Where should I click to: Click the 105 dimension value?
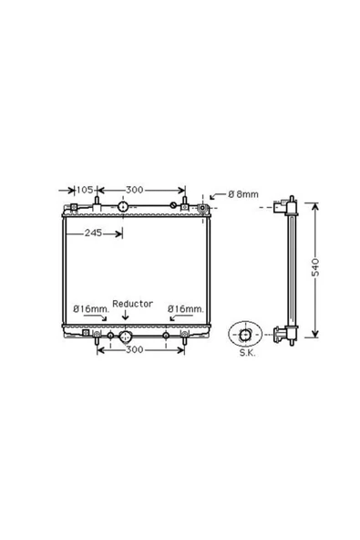coord(85,190)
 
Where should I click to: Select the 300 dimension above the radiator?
coord(134,190)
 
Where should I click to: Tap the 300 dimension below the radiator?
coord(134,350)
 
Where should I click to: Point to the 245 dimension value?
coord(93,234)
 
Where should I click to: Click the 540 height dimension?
coord(315,267)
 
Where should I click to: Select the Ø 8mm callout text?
coord(243,194)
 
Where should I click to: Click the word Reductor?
coord(132,304)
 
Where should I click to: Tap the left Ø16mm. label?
coord(91,309)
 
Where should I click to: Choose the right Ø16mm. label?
coord(186,309)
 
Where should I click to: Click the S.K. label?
coord(248,353)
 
